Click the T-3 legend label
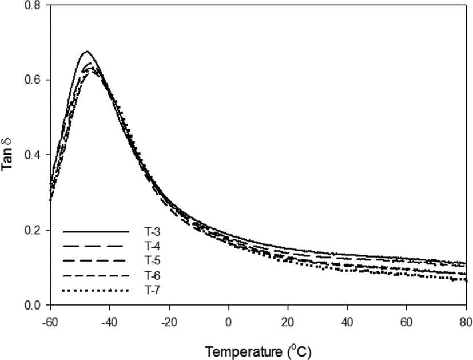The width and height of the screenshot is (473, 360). point(152,232)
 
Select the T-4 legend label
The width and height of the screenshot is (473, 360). point(152,246)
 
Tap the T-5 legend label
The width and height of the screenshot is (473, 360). point(152,260)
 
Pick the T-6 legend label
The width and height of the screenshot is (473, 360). point(152,275)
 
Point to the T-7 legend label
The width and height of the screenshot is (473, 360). point(152,290)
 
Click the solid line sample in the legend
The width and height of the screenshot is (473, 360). point(96,232)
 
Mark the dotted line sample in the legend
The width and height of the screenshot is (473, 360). point(96,291)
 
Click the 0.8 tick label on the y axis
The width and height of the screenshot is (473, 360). point(33,5)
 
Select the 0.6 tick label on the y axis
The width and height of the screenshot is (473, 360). point(33,80)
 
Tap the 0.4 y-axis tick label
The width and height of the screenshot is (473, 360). point(33,155)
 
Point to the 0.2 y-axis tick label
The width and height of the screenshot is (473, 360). point(33,231)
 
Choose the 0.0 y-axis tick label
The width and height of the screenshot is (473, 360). point(33,306)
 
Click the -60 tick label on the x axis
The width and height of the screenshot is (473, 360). point(50,322)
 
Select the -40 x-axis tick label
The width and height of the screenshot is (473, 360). point(109,322)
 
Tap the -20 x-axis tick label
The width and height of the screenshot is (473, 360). point(169,322)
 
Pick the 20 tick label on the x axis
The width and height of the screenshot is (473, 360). point(288,322)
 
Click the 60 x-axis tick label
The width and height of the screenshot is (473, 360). point(406,322)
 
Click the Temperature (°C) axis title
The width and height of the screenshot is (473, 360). point(258,351)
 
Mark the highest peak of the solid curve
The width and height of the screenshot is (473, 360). point(86,52)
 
